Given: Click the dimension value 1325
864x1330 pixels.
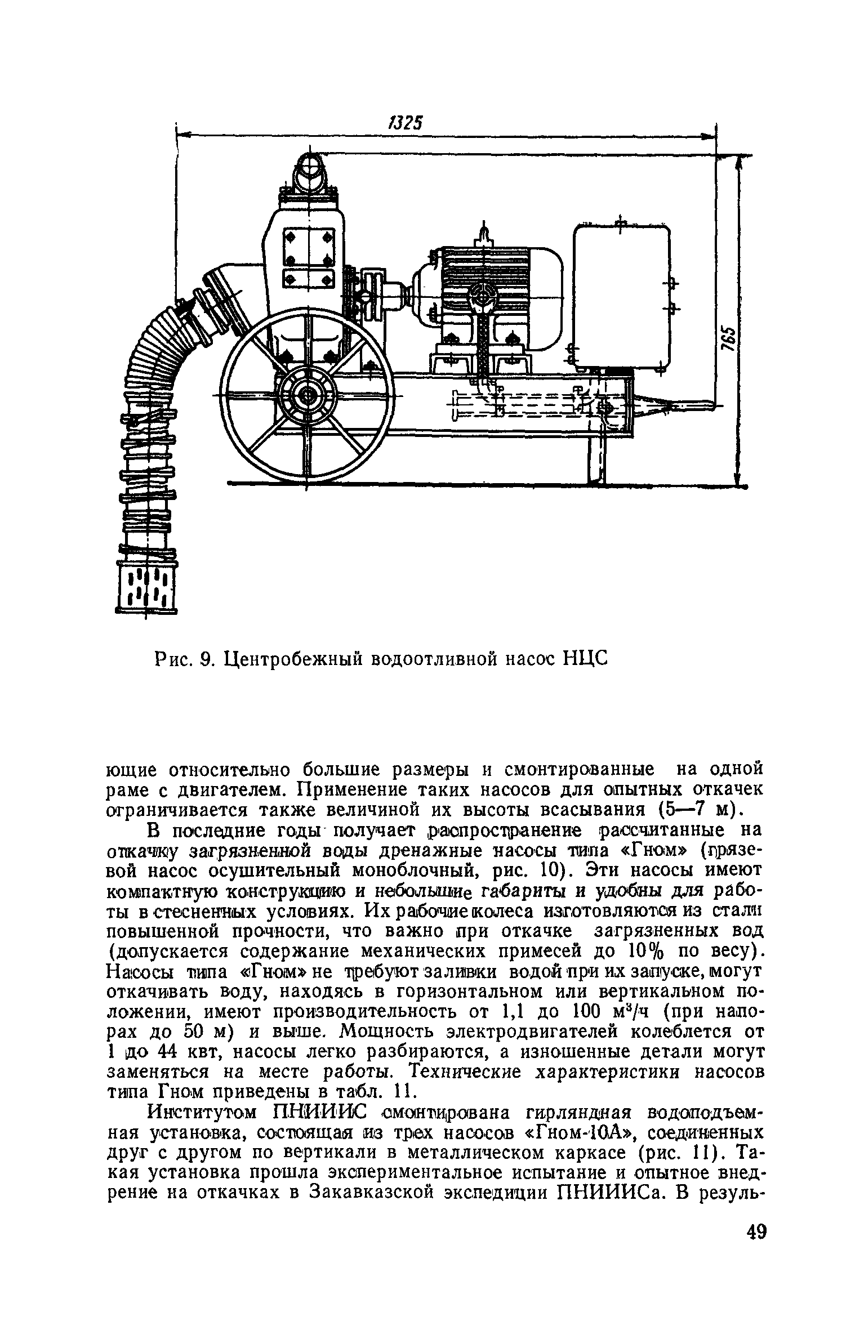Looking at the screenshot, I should coord(405,123).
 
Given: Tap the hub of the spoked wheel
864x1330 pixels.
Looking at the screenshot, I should coord(308,396).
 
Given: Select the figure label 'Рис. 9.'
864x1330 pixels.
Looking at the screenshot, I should coord(186,658).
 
